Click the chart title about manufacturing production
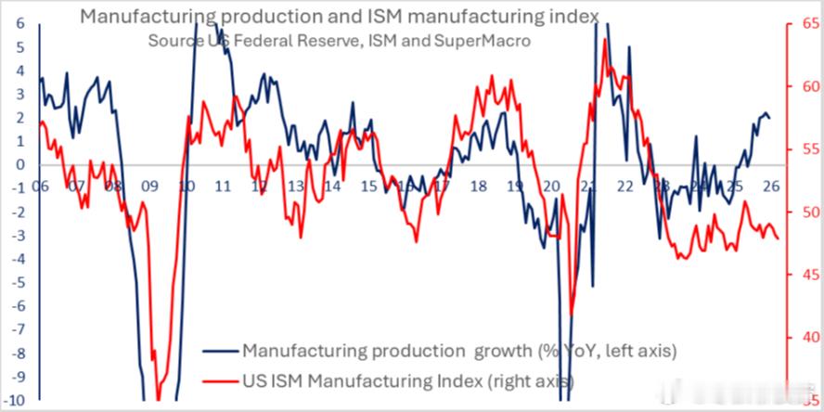340,15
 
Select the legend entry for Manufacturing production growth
458,351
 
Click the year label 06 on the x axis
39,186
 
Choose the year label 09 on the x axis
148,186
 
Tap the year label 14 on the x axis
331,186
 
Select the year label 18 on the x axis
478,186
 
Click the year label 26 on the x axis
770,186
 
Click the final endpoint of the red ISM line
778,238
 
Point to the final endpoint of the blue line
769,118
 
